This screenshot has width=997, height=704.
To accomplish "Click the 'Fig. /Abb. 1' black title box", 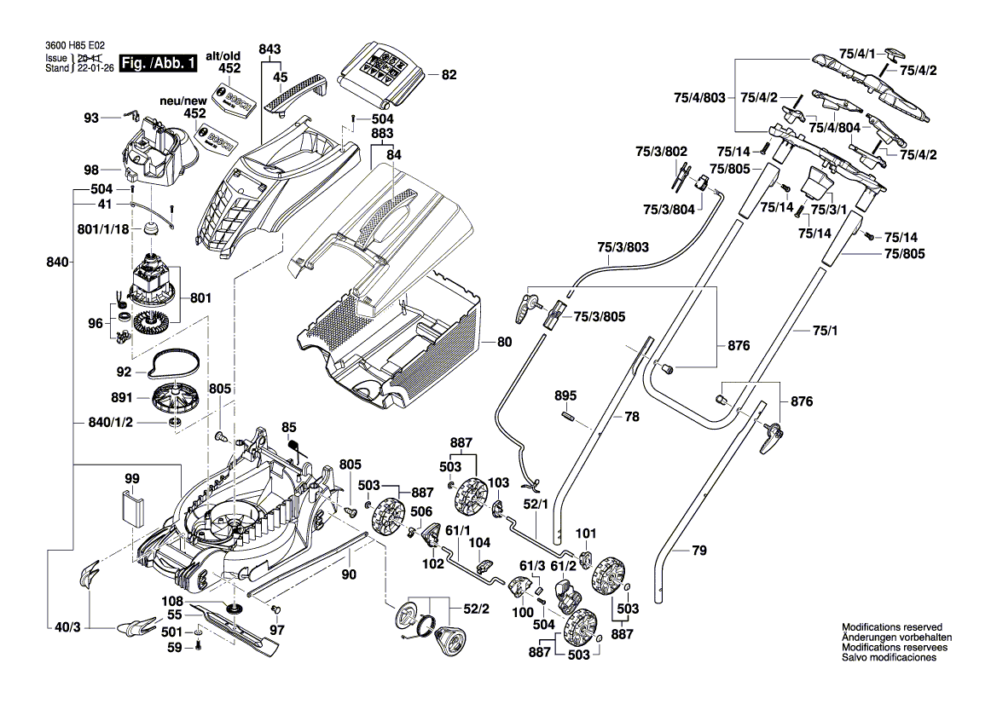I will point(159,64).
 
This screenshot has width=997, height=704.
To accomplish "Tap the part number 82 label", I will point(449,75).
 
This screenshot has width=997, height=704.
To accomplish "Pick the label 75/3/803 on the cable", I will point(623,247).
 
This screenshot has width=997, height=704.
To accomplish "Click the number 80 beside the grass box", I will point(504,343).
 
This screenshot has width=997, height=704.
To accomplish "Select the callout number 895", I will point(565,395).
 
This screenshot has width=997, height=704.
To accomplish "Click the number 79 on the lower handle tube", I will point(698,551).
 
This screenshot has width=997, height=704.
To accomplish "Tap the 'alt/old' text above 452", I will point(223,55).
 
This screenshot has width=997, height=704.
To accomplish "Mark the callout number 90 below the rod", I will point(349,574).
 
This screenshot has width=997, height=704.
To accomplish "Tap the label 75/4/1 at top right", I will point(858,53).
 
